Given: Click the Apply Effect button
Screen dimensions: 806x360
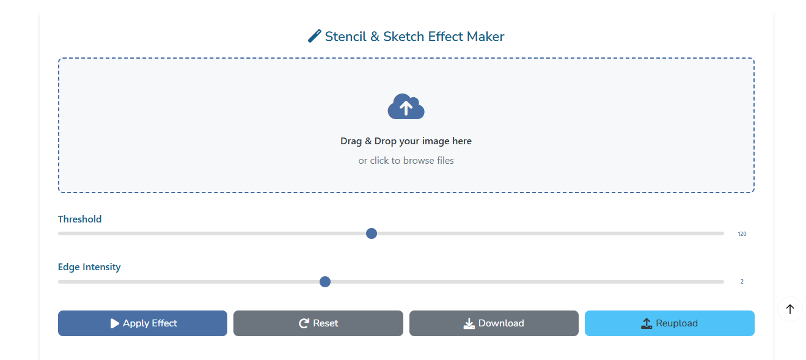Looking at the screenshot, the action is click(x=142, y=323).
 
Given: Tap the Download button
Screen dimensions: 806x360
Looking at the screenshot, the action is click(x=494, y=323).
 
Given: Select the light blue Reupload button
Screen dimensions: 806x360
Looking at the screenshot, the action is click(x=669, y=323).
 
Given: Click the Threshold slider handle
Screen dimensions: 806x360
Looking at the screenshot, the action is click(x=372, y=233).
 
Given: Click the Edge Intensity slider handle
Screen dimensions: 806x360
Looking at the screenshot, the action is click(x=325, y=282).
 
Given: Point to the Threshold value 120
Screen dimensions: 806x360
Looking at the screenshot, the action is click(x=742, y=234).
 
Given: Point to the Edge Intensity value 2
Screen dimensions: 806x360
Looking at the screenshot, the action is click(x=742, y=282).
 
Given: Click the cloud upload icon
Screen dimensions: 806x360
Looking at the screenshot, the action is click(x=406, y=106).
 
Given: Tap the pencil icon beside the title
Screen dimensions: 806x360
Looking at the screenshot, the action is click(x=315, y=36).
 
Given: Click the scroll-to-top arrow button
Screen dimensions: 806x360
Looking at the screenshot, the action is click(x=790, y=309).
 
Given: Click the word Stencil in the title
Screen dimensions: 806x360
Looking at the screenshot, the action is click(x=345, y=36).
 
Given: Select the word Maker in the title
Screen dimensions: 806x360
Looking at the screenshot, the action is click(x=485, y=36).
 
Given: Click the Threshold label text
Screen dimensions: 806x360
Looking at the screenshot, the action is click(x=79, y=219).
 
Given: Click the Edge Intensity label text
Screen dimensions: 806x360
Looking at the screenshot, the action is click(x=89, y=267).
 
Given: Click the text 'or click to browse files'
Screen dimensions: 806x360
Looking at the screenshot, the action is click(x=406, y=161).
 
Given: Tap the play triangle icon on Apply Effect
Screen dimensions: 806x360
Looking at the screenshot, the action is click(x=114, y=323).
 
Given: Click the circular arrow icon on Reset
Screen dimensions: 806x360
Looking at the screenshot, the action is click(x=304, y=323).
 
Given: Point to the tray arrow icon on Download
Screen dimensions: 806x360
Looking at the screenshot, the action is click(x=469, y=323).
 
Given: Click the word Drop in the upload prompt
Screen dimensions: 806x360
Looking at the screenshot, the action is click(x=385, y=141).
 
